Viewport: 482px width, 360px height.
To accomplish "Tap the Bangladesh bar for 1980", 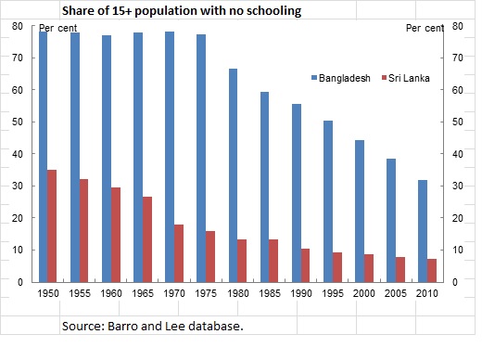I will coord(233,175).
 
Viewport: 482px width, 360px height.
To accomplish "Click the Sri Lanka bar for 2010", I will coord(432,270).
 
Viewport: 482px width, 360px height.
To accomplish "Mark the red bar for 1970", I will coord(178,253).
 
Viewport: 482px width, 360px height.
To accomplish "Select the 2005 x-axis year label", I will coord(395,293).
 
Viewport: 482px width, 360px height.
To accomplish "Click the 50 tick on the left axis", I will coord(17,122).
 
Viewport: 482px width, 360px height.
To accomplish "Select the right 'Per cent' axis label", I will coord(425,27).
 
